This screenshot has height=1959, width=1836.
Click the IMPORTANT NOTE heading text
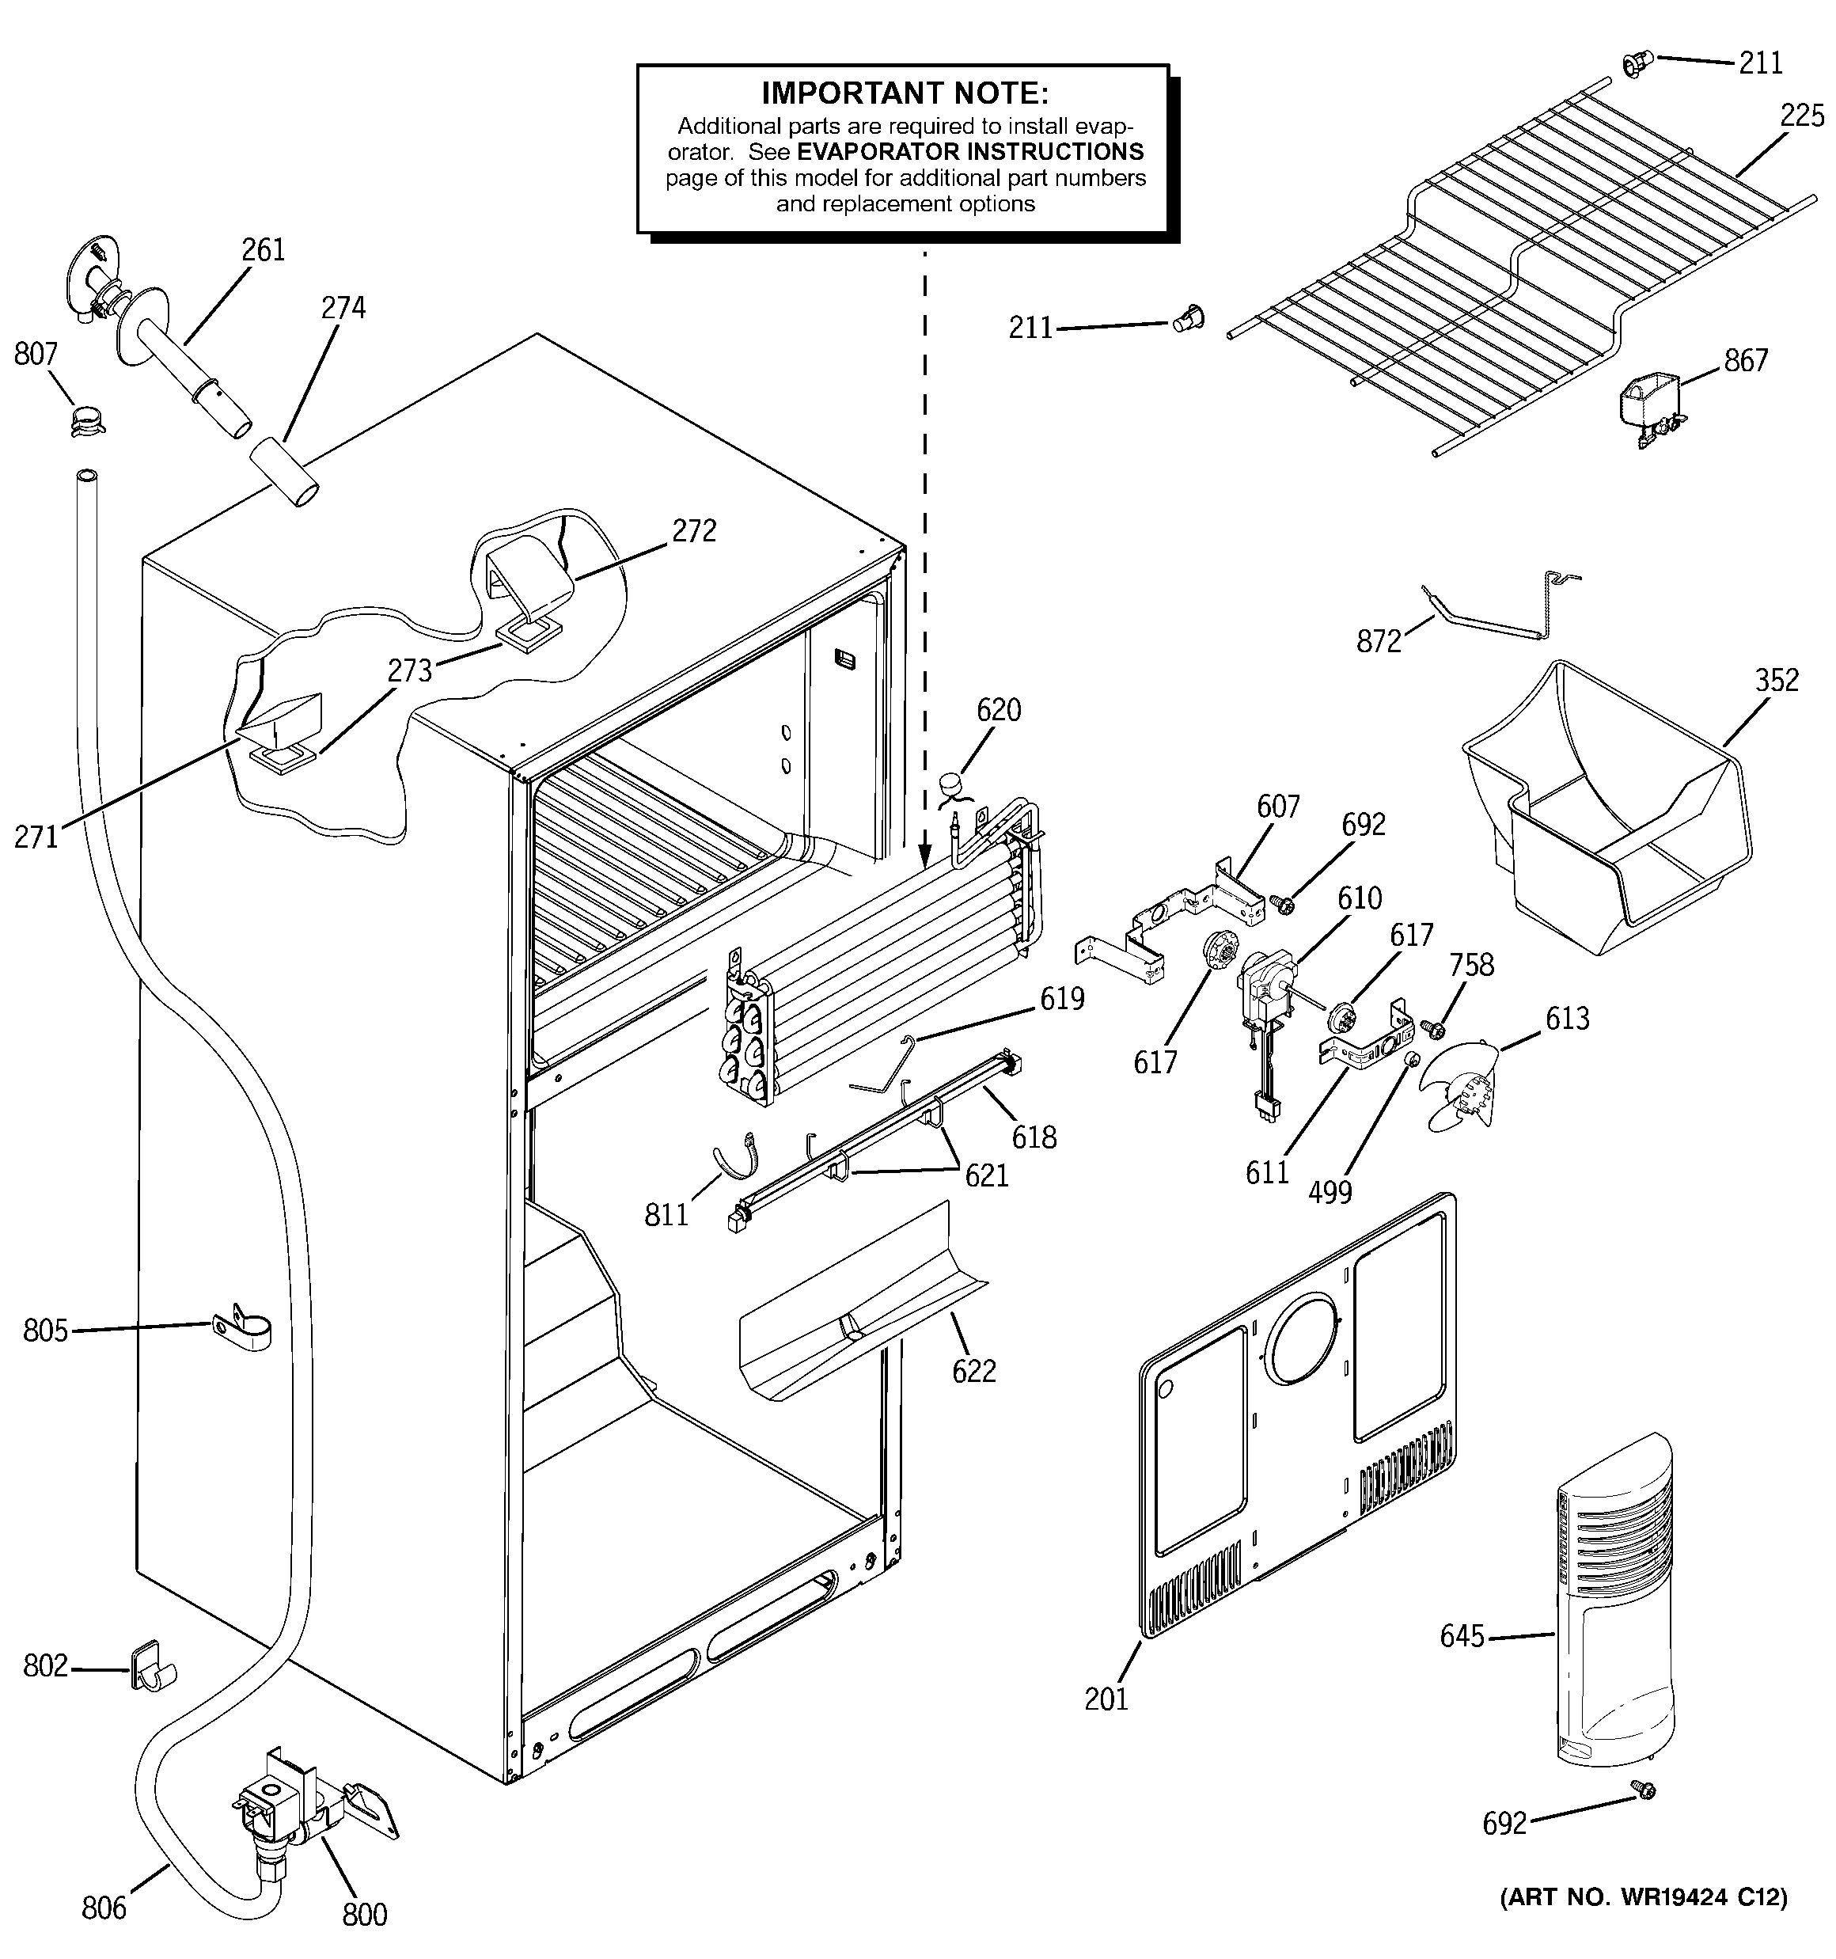[x=905, y=93]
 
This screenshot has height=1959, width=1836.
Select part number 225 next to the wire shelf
[x=1801, y=116]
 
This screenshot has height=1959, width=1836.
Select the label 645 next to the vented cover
[x=1462, y=1636]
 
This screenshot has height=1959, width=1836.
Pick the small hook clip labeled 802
[x=150, y=1666]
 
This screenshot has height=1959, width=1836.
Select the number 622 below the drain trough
[x=973, y=1371]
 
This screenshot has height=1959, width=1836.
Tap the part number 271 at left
[x=36, y=837]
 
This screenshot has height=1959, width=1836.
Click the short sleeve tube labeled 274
[x=284, y=474]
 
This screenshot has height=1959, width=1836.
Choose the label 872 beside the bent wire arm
[x=1379, y=641]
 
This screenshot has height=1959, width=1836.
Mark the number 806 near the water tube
[x=104, y=1908]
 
